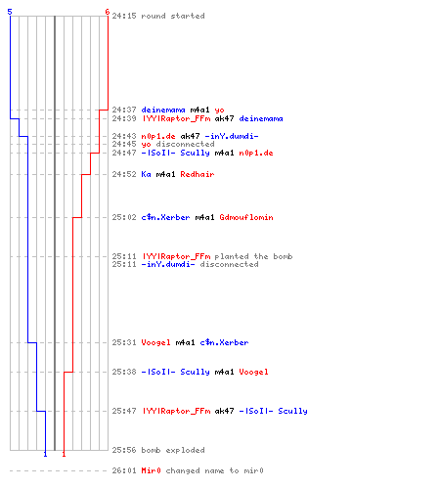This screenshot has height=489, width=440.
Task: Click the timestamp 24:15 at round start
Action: coord(124,16)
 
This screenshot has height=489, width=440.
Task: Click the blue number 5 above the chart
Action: coord(10,12)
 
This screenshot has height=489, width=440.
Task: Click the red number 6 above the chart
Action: coord(108,12)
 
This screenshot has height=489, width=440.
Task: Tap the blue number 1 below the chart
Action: coord(45,454)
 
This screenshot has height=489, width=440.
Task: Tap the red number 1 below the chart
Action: coord(64,454)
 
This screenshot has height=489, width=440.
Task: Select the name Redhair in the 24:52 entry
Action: coord(198,174)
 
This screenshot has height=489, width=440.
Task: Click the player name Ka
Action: coord(146,174)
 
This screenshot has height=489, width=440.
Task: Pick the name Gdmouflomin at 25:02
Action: coord(246,217)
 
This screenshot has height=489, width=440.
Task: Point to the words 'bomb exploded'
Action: coord(173,450)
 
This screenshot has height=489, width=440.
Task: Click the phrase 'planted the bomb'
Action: coord(253,256)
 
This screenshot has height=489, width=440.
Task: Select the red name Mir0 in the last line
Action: coord(151,470)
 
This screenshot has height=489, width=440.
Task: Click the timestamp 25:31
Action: coord(124,342)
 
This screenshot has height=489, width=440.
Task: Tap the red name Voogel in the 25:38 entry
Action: coord(253,372)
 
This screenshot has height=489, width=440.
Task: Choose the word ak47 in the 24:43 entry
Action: coord(190,136)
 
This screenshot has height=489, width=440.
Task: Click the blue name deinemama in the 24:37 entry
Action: coord(163,110)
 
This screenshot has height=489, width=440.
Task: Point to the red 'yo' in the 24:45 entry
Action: coord(146,144)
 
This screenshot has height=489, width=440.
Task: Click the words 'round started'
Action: coord(173,16)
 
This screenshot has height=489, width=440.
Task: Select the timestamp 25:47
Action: coord(124,411)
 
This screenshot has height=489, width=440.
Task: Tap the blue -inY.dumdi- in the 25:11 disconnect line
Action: coord(168,264)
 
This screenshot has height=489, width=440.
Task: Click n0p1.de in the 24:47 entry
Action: coord(256,153)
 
